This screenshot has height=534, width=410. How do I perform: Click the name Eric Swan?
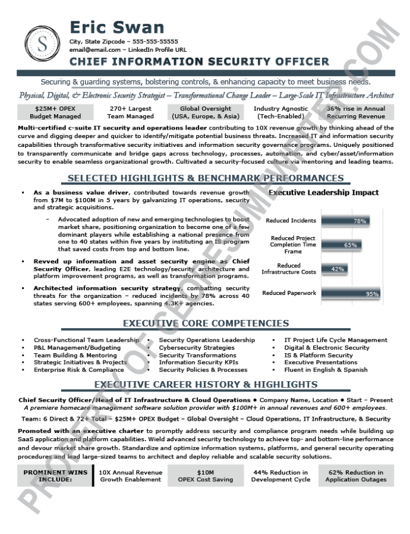[x=116, y=27]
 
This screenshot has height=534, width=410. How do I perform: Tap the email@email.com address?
[x=94, y=50]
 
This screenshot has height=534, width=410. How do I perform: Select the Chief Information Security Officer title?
[x=199, y=61]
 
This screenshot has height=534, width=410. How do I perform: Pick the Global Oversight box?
[x=206, y=112]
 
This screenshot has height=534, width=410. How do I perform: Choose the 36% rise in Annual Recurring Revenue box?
[x=356, y=112]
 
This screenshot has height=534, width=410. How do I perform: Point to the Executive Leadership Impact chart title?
[x=323, y=192]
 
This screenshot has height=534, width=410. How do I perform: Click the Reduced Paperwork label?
[x=289, y=293]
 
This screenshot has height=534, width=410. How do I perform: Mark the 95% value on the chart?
[x=372, y=294]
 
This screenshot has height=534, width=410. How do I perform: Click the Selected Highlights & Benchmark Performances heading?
[x=205, y=178]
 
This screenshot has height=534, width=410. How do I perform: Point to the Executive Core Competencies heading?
[x=205, y=323]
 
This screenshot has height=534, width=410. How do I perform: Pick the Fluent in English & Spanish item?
[x=326, y=369]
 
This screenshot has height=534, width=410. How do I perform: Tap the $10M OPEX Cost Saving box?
[x=205, y=476]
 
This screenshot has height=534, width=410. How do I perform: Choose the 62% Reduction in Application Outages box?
[x=356, y=476]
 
